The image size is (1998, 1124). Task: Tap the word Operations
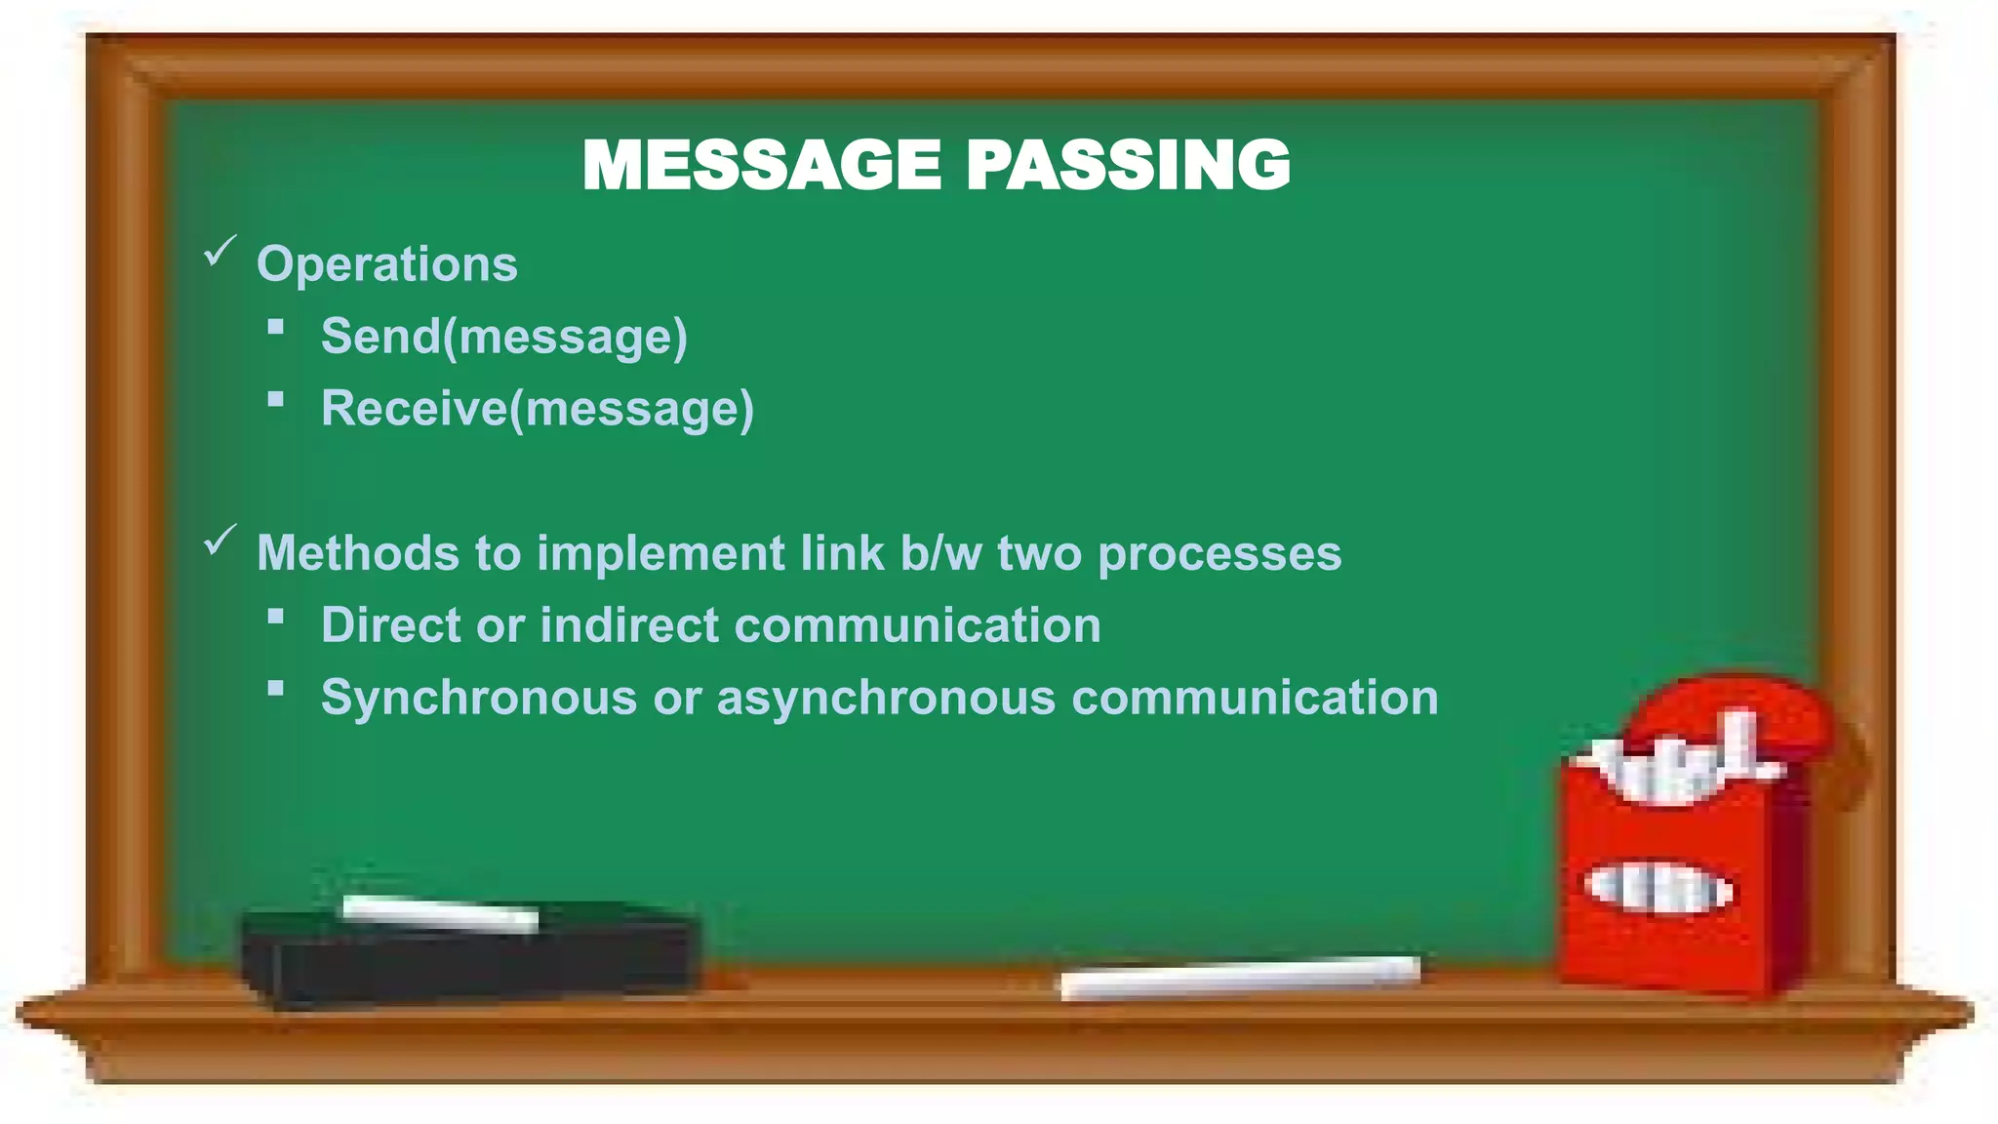(x=386, y=264)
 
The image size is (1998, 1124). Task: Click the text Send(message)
(x=504, y=337)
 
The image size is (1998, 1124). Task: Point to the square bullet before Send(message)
(x=276, y=328)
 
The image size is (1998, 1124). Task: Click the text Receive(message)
(x=538, y=409)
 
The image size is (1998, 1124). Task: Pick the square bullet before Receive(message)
(x=276, y=399)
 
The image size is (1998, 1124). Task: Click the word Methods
(x=357, y=553)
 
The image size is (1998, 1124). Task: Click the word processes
(x=1219, y=555)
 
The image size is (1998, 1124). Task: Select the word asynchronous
(x=886, y=699)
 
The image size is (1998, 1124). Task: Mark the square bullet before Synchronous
(x=276, y=689)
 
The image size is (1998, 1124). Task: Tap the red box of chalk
(x=1678, y=878)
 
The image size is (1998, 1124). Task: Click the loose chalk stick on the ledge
(x=1239, y=978)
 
